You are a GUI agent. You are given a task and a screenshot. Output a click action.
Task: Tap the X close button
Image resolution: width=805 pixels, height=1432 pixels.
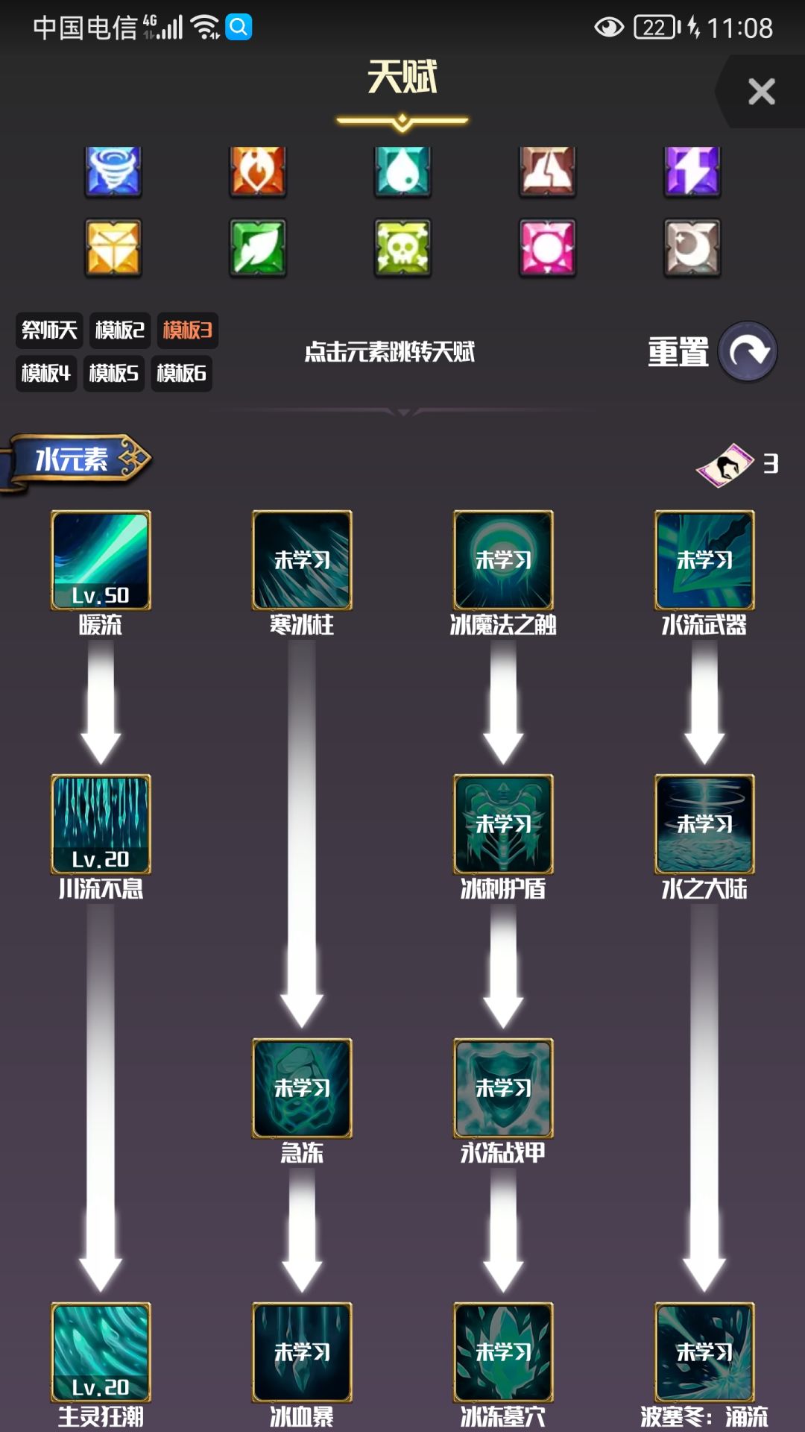point(761,92)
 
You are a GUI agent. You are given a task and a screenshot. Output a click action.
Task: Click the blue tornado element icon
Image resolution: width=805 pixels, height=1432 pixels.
point(113,172)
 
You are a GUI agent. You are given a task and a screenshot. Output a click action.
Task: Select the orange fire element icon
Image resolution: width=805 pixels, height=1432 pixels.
point(258,172)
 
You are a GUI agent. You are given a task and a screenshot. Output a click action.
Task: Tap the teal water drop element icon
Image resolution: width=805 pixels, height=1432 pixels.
point(402,172)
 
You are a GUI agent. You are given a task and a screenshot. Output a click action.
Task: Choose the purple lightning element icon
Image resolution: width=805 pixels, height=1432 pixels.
point(692,172)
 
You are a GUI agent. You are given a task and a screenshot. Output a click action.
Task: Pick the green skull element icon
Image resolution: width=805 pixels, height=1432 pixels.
point(402,248)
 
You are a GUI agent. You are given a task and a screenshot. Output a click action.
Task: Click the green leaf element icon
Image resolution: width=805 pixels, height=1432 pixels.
point(258,248)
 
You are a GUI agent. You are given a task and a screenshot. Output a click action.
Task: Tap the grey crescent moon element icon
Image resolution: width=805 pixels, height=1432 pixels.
point(692,248)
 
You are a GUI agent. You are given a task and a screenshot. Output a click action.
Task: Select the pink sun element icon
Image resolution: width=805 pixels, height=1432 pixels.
point(548,248)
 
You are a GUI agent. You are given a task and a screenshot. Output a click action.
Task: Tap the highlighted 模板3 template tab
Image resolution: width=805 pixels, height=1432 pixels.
point(187,330)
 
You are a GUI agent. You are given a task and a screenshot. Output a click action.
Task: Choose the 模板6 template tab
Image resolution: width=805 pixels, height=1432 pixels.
point(181,373)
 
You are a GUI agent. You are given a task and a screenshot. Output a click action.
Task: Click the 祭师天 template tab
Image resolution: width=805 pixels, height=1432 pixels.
point(49,330)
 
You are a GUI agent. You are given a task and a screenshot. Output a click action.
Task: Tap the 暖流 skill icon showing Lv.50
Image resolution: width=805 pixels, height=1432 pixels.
point(101,560)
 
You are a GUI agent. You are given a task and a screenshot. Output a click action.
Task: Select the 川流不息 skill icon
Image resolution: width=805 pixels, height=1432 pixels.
point(101,824)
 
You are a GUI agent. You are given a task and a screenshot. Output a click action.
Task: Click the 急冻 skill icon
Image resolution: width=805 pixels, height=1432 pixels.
point(302,1088)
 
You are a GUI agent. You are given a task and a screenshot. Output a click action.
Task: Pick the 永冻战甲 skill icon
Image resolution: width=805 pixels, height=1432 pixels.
point(503,1088)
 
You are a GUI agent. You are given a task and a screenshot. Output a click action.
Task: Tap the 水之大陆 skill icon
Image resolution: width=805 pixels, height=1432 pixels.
point(704,824)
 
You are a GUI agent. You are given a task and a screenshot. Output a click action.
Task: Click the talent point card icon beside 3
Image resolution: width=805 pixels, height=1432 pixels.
point(724,465)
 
